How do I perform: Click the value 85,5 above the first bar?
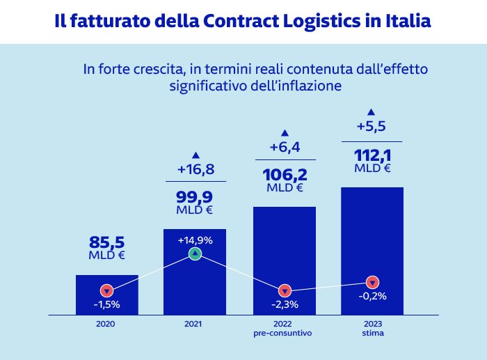(x=106, y=242)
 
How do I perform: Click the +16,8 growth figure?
(x=195, y=169)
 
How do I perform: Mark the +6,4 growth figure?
(x=284, y=147)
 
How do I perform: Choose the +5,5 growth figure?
(x=372, y=127)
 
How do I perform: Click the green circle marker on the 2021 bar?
(x=195, y=254)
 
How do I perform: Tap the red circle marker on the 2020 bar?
(x=106, y=290)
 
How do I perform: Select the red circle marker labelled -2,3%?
(x=284, y=290)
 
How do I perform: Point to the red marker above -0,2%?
(x=373, y=282)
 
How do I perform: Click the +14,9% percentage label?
(x=195, y=240)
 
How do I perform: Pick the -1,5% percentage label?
(x=106, y=304)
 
